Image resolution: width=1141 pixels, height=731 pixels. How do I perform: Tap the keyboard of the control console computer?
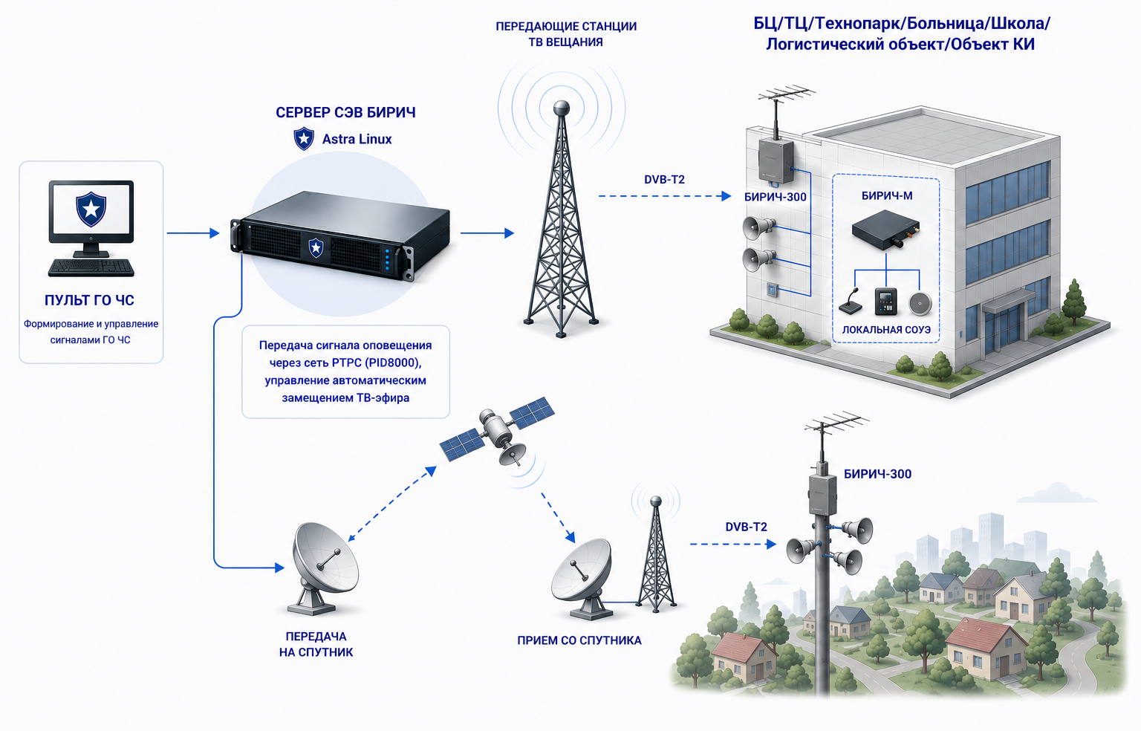click(x=91, y=268)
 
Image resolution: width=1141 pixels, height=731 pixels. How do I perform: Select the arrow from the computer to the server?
click(x=193, y=233)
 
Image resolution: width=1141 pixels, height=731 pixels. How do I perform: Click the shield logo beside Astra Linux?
click(x=304, y=139)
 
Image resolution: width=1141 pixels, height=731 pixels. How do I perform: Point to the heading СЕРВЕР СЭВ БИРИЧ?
click(x=345, y=113)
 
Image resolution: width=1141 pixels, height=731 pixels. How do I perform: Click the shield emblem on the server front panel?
click(x=316, y=247)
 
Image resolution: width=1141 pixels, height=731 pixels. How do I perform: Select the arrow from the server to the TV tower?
click(x=487, y=233)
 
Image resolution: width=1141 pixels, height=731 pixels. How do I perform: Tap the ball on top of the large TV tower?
click(x=562, y=108)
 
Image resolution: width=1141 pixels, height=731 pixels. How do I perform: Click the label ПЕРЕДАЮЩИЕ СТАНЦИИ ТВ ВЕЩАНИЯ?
click(x=566, y=34)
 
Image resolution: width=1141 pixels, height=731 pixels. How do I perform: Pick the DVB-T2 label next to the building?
click(x=664, y=180)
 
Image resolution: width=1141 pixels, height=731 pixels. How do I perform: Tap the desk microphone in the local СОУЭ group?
click(x=851, y=302)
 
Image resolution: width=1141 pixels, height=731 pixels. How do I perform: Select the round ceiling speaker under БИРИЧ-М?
click(x=920, y=303)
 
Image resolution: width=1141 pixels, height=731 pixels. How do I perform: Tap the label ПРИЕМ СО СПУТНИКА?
click(x=579, y=641)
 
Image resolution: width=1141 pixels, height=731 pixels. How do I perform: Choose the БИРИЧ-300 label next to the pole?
click(x=877, y=474)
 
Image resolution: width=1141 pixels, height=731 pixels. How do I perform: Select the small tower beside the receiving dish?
click(x=656, y=554)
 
